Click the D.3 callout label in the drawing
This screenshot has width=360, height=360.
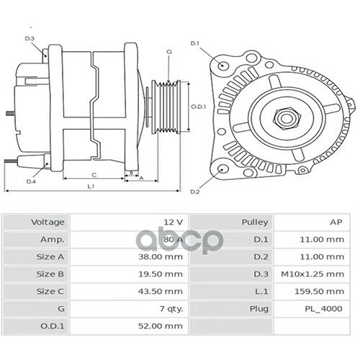[x=30, y=38]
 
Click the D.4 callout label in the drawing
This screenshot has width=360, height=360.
[x=31, y=181]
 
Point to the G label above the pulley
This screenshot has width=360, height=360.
[x=168, y=52]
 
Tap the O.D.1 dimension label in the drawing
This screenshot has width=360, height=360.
[x=199, y=107]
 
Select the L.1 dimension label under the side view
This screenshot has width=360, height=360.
[x=91, y=187]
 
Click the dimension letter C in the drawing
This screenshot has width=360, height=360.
[x=94, y=175]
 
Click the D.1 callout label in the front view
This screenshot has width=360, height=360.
[x=194, y=44]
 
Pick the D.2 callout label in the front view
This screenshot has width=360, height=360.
[x=194, y=192]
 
